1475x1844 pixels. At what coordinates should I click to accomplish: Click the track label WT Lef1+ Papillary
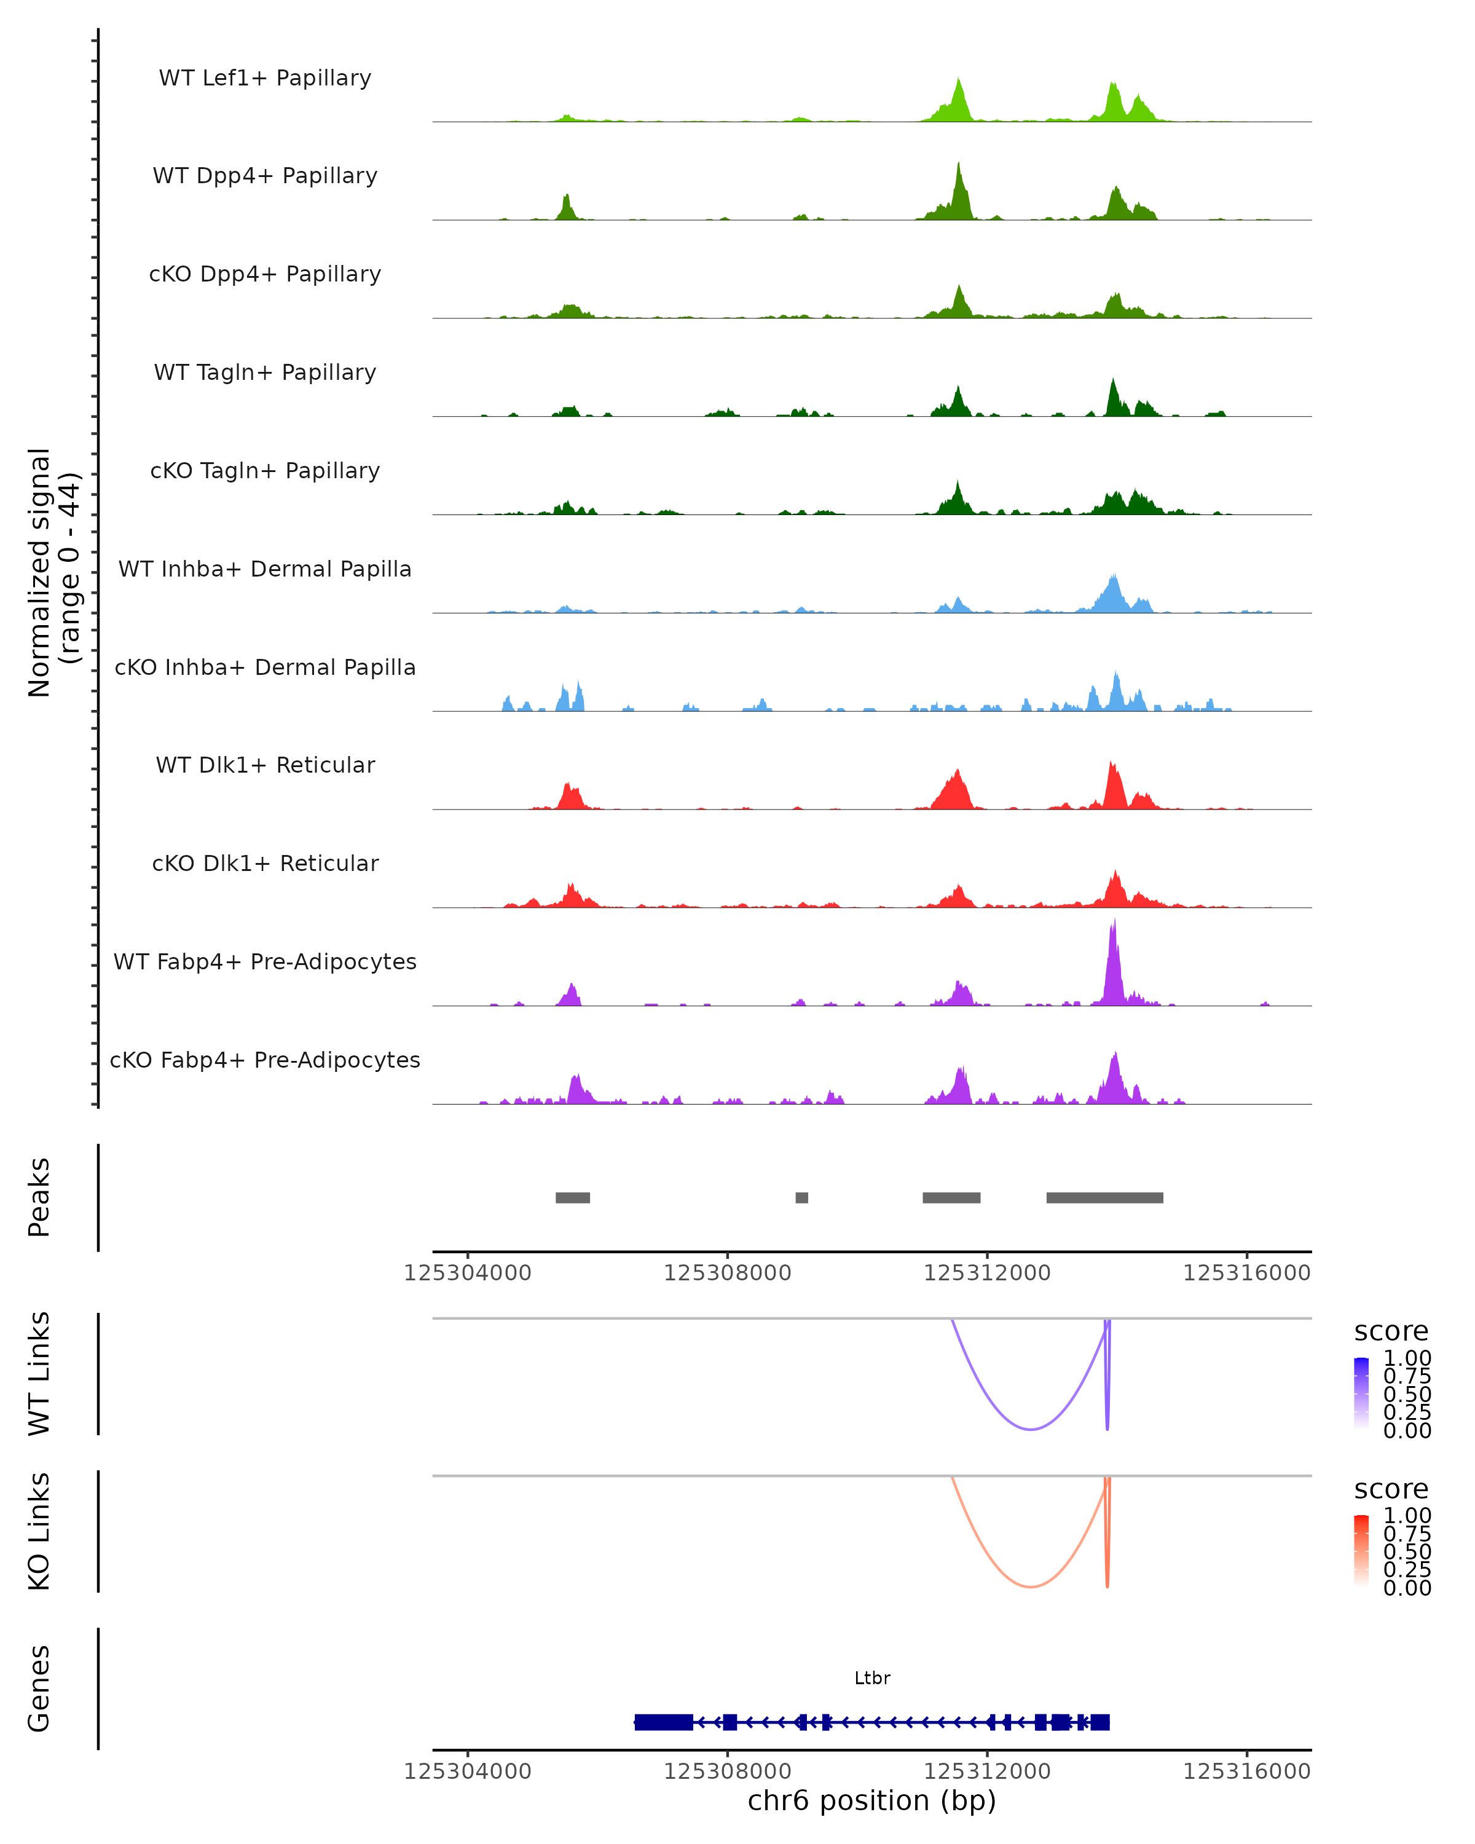pos(265,78)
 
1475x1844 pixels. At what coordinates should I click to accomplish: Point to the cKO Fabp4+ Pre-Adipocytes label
pos(265,1060)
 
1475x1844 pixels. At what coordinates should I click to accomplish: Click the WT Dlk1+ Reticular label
pos(265,765)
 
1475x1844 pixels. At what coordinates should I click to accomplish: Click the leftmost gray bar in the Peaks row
pos(572,1197)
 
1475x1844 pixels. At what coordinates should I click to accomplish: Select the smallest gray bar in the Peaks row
pos(801,1197)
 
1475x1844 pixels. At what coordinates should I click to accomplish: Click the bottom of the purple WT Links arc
pos(1031,1428)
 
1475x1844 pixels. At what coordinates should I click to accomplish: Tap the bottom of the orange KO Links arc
pos(1031,1586)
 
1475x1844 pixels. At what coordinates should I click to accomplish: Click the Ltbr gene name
pos(872,1678)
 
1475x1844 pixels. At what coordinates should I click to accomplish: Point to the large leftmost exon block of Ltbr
pos(664,1722)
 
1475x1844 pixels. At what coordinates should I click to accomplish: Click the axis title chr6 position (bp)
pos(871,1800)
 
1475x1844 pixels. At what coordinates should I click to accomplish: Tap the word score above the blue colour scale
pos(1391,1332)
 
